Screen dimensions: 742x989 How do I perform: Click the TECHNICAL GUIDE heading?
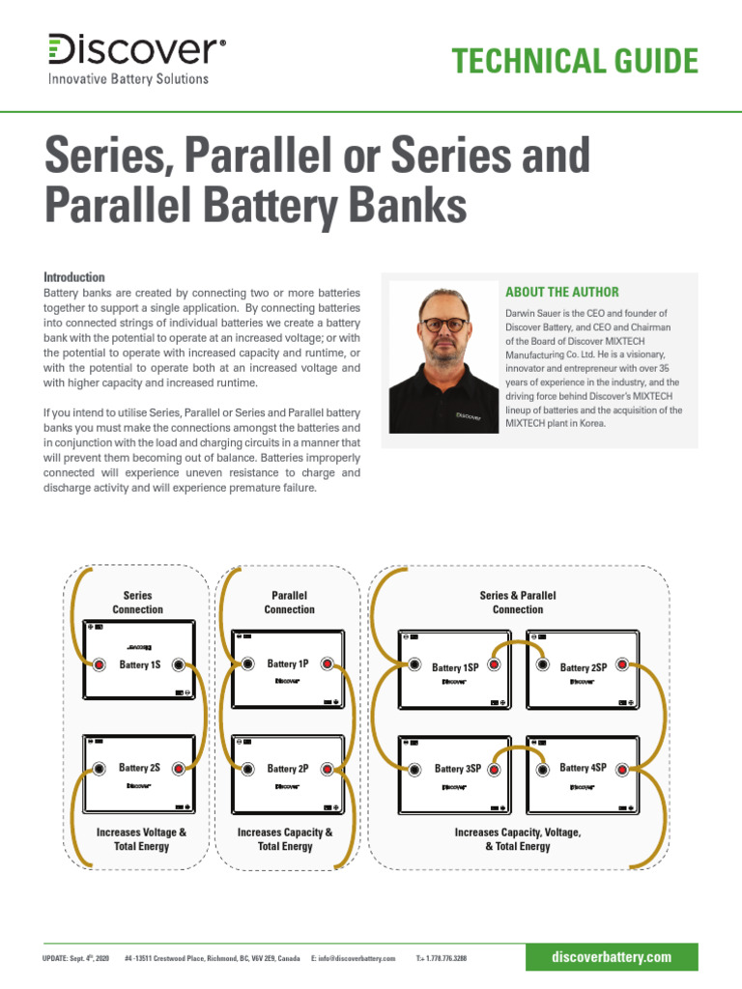point(575,61)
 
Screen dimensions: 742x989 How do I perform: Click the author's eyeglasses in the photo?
point(444,325)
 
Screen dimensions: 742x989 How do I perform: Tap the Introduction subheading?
point(74,277)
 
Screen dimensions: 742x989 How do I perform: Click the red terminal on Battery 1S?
point(100,664)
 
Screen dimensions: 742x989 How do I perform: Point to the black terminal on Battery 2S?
point(100,769)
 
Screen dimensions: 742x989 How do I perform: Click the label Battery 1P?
point(288,664)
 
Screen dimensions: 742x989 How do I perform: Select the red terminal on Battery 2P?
point(328,769)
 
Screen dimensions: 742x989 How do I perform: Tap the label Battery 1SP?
point(455,667)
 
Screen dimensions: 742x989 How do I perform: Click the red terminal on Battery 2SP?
point(622,665)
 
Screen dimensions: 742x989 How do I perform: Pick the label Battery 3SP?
point(457,769)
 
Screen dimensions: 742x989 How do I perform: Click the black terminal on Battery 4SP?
point(540,769)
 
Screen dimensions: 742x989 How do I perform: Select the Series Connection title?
point(137,603)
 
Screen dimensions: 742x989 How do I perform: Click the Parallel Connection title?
point(289,603)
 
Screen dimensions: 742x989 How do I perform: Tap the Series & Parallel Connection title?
point(518,603)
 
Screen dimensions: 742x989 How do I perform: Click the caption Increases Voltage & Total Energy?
point(141,838)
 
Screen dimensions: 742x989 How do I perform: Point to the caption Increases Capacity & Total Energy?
point(285,838)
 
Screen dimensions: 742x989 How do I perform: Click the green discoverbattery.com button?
point(611,957)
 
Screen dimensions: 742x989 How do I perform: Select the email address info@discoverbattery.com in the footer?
point(354,958)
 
